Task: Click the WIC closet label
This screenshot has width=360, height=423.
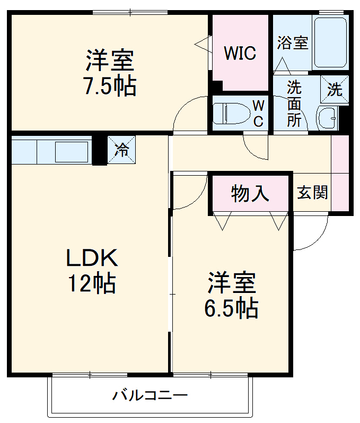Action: coord(240,53)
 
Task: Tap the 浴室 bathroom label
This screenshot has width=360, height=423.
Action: coord(292,43)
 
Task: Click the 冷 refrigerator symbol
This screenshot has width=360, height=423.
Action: coord(121,150)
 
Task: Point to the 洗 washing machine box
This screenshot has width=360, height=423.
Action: coord(335,89)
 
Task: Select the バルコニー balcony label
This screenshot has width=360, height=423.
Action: coord(150,395)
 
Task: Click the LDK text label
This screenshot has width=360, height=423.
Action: coord(91,258)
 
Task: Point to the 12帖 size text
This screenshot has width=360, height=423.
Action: coord(91,284)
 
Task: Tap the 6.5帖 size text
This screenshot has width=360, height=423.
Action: coord(232,307)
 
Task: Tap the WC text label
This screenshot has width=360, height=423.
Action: coord(258,113)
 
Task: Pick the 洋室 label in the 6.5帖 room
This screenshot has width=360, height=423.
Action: coord(232,283)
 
